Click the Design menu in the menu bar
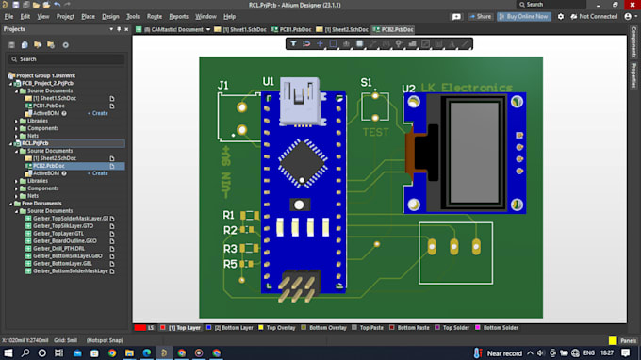pyautogui.click(x=110, y=16)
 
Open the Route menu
pyautogui.click(x=155, y=16)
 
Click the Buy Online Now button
pyautogui.click(x=524, y=16)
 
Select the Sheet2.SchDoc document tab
pyautogui.click(x=344, y=29)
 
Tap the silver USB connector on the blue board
pyautogui.click(x=300, y=97)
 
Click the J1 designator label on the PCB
pyautogui.click(x=222, y=86)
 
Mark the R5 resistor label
pyautogui.click(x=229, y=265)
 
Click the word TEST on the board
pyautogui.click(x=375, y=132)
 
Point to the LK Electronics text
pyautogui.click(x=468, y=88)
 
